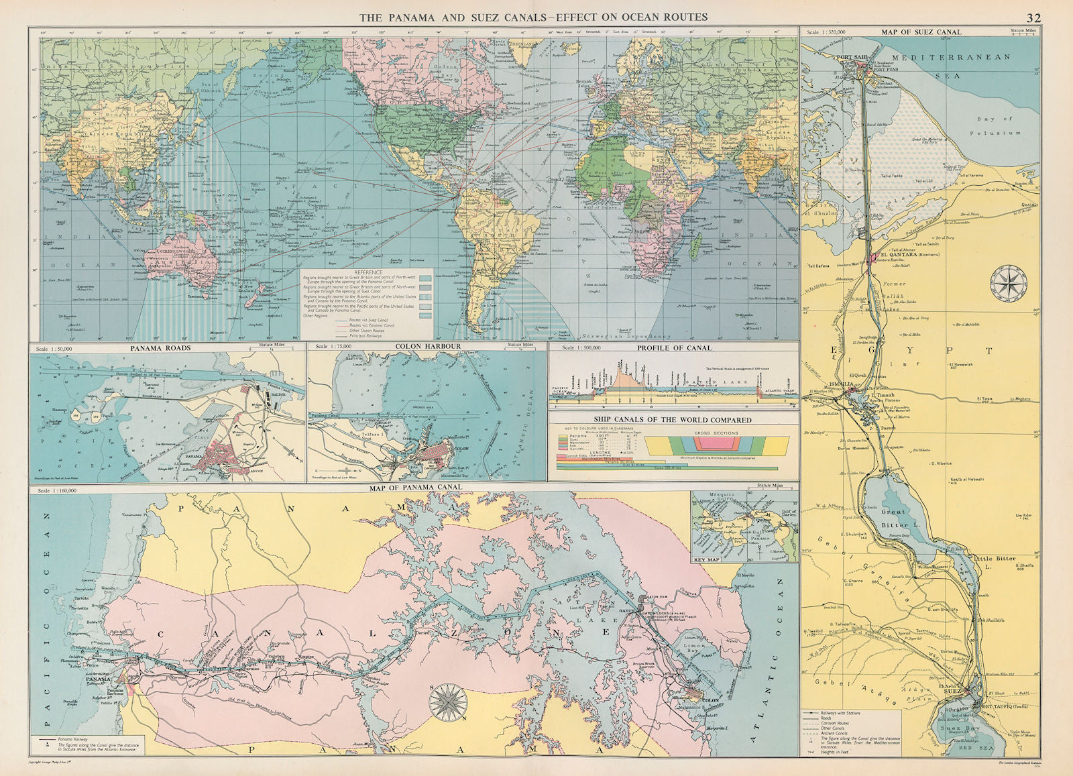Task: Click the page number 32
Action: tap(1033, 17)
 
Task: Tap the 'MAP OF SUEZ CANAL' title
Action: tap(921, 32)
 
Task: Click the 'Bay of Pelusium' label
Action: tap(993, 126)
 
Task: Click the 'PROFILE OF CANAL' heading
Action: tap(674, 348)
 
